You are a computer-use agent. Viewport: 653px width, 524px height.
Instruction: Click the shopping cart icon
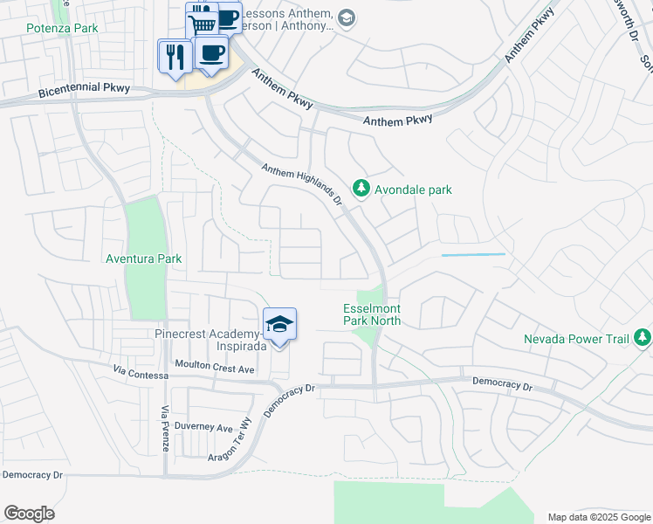click(203, 24)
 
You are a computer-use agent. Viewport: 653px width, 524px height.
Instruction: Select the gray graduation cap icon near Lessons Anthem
click(347, 18)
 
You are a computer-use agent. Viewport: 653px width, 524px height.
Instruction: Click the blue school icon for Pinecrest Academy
click(279, 325)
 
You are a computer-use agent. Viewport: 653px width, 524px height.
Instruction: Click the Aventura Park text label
click(143, 259)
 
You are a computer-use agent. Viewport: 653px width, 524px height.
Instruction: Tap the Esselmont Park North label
click(372, 314)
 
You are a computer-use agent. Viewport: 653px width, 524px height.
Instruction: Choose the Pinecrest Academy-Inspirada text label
click(208, 340)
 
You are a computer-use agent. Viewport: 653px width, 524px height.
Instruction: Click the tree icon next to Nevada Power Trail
click(643, 337)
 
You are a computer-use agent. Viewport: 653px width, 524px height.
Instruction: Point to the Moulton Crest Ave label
click(214, 369)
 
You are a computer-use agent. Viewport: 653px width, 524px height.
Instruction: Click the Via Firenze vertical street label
click(164, 429)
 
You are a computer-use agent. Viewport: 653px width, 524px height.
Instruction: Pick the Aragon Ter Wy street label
click(230, 445)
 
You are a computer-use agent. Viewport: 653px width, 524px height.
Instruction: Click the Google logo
click(29, 514)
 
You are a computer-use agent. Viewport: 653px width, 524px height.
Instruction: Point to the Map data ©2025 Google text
click(599, 517)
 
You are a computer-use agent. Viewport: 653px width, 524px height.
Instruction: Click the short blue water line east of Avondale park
click(473, 254)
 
